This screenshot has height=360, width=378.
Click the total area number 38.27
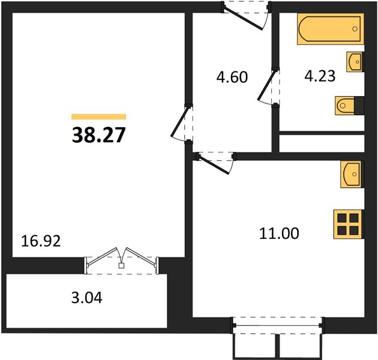pos(98,135)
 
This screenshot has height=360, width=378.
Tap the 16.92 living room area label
pos(41,241)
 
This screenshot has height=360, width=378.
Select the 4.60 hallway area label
pos(232,77)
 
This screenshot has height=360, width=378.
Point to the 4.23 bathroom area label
pos(320,76)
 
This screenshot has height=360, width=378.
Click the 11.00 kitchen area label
pos(279,233)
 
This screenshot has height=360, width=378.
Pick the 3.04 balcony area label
pos(87,298)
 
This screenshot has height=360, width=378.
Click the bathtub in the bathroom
pos(331,29)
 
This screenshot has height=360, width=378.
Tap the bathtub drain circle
pos(355,29)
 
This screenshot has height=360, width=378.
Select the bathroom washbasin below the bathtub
pos(355,62)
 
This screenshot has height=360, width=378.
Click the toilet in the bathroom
pos(349,106)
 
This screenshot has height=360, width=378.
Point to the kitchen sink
pos(352,175)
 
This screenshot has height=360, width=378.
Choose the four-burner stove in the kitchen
pos(348,224)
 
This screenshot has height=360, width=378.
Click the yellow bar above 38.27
pos(98,117)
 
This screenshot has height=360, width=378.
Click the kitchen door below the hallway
pos(214,162)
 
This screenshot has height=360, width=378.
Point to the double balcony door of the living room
pos(122,260)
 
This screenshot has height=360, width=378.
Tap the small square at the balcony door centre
pos(121,266)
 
